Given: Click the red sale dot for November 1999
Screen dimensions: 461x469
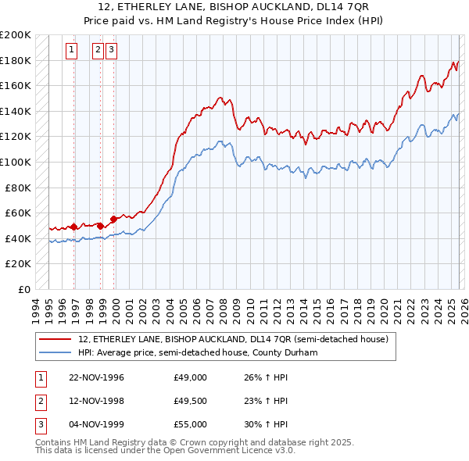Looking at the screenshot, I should (x=113, y=219).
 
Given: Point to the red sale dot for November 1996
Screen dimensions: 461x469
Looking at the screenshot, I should (x=74, y=227).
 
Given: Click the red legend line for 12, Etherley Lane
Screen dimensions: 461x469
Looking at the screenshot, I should (x=55, y=340).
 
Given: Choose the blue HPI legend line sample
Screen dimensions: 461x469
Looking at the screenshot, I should (x=55, y=352).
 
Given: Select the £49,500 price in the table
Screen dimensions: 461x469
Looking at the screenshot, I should (x=191, y=401).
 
